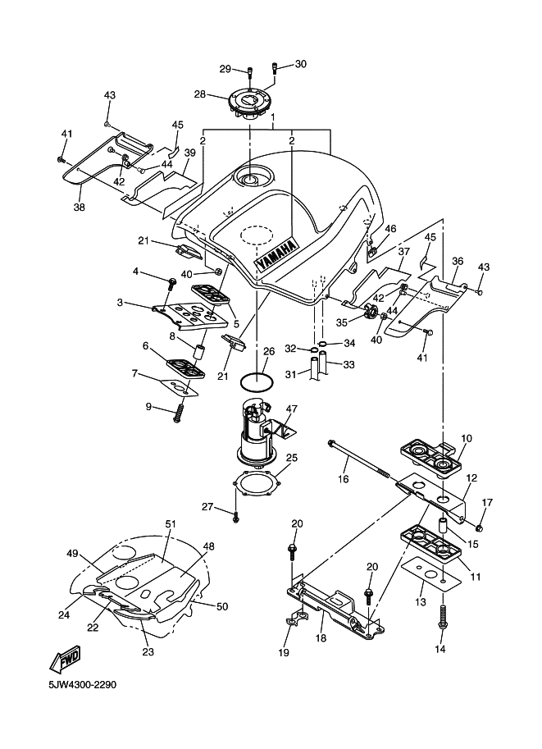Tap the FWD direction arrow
(x=66, y=659)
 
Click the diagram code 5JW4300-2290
(x=82, y=685)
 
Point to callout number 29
(x=225, y=69)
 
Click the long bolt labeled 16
(x=358, y=459)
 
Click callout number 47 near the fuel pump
(x=292, y=409)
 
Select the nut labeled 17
(x=480, y=527)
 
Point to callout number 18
(x=321, y=637)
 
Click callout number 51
(x=171, y=523)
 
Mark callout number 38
(x=80, y=207)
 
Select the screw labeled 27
(x=236, y=517)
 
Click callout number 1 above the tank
(x=273, y=116)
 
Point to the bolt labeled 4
(x=170, y=284)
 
